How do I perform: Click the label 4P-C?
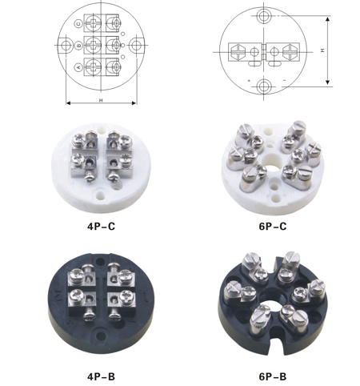(x=101, y=227)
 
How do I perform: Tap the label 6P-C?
(x=273, y=227)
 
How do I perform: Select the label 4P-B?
(x=101, y=376)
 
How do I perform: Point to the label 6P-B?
(x=273, y=376)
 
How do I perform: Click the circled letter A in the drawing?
(x=78, y=67)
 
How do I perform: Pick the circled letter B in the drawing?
(x=78, y=46)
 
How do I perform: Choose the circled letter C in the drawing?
(x=78, y=24)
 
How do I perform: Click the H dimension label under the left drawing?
(x=101, y=100)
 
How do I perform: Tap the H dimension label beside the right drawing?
(x=322, y=50)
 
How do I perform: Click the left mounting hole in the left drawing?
(x=66, y=46)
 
